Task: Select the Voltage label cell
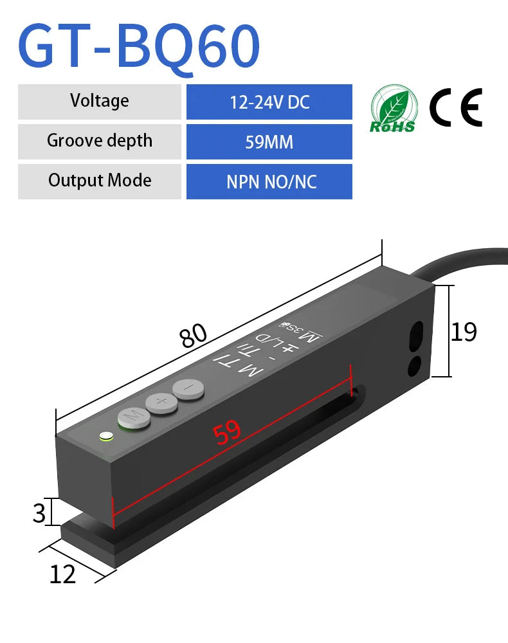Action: pyautogui.click(x=100, y=101)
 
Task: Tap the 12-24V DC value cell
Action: pyautogui.click(x=269, y=102)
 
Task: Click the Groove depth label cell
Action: pyautogui.click(x=100, y=141)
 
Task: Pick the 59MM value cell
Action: pyautogui.click(x=269, y=141)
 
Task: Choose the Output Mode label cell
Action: pyautogui.click(x=100, y=181)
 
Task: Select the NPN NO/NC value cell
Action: pyautogui.click(x=269, y=181)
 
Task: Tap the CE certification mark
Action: pyautogui.click(x=455, y=107)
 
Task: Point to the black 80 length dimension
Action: pyautogui.click(x=193, y=335)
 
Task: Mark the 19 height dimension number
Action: pyautogui.click(x=464, y=332)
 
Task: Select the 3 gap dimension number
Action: pyautogui.click(x=39, y=512)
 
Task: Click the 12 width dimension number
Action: pyautogui.click(x=63, y=574)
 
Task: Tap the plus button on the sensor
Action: pyautogui.click(x=161, y=403)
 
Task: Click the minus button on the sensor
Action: pyautogui.click(x=187, y=388)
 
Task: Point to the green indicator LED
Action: pyautogui.click(x=105, y=437)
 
